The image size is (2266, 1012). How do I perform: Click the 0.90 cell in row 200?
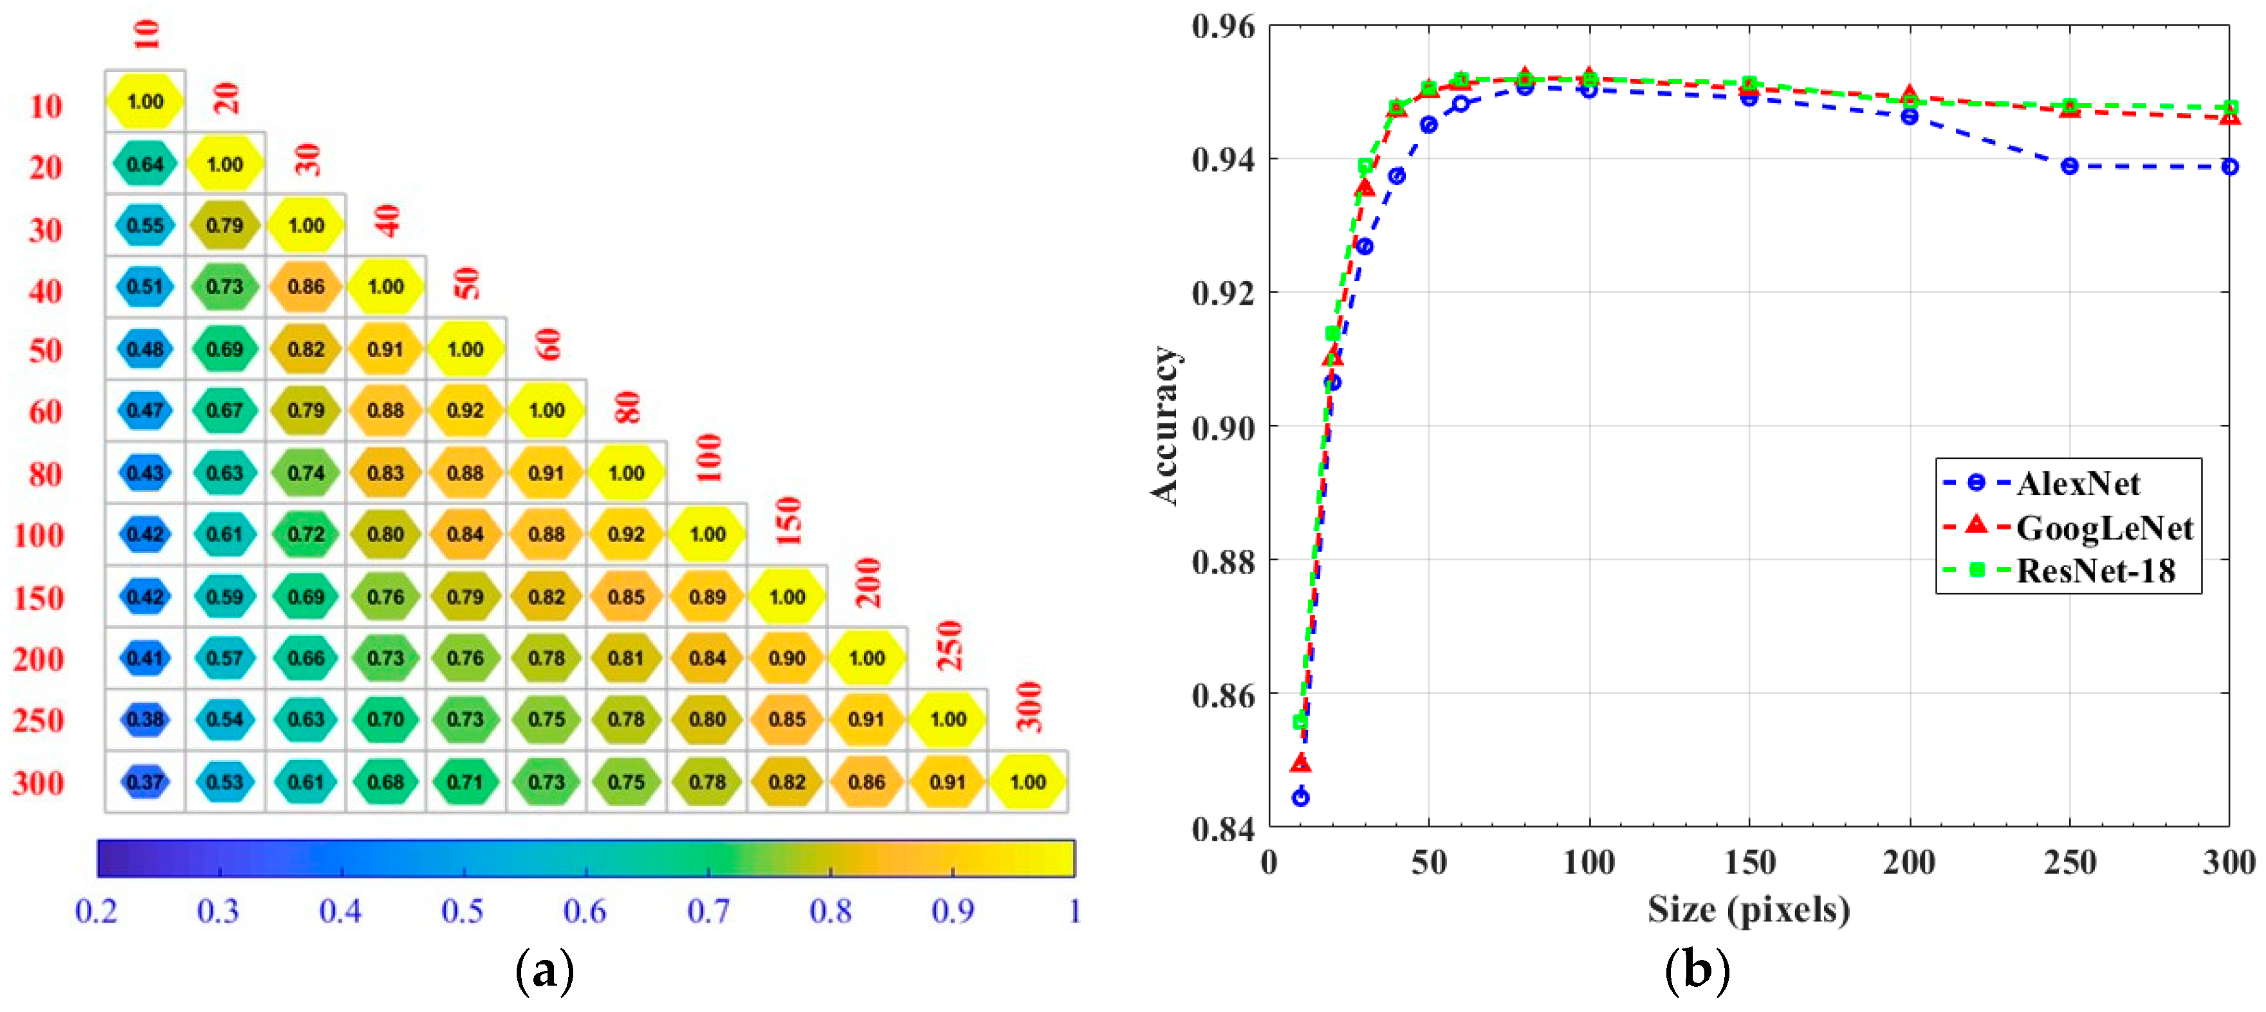(x=786, y=658)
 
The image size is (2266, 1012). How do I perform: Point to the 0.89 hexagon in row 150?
(x=706, y=597)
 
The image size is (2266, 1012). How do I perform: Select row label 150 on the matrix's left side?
(x=39, y=599)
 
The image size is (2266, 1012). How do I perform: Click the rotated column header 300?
(x=1028, y=707)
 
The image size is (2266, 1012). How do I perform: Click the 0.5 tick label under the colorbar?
(x=463, y=911)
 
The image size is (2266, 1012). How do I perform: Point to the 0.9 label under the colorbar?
(x=953, y=911)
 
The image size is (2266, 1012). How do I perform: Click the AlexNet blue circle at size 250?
(x=2070, y=166)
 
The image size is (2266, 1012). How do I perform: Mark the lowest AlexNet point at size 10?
(x=1300, y=797)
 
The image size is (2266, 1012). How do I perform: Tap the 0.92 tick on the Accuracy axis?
(x=1222, y=293)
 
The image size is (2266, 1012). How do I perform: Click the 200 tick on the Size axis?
(x=1909, y=863)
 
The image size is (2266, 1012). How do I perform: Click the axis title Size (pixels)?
(x=1748, y=909)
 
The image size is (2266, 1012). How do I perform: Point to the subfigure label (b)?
(x=1697, y=971)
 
